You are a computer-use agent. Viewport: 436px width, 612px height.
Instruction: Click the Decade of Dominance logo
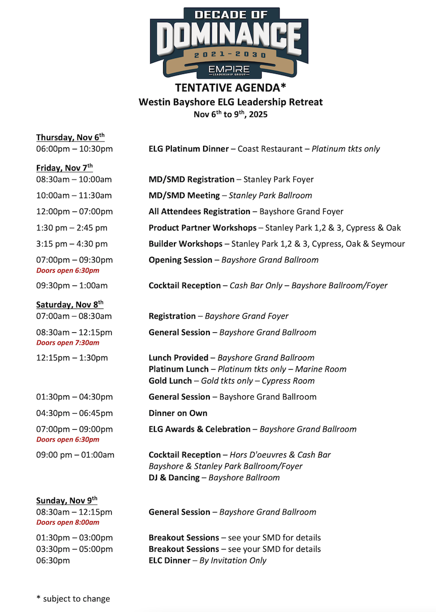click(x=229, y=41)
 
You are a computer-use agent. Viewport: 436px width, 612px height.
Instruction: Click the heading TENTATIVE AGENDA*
click(x=230, y=87)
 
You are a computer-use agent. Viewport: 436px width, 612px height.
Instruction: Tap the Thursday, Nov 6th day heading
click(x=70, y=138)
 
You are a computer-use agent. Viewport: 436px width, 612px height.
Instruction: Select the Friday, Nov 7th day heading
click(x=65, y=168)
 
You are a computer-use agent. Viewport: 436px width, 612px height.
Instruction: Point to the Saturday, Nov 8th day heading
click(x=70, y=304)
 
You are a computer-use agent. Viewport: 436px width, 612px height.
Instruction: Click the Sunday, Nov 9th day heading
click(x=67, y=501)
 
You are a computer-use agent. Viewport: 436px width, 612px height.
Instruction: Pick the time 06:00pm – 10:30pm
click(x=74, y=149)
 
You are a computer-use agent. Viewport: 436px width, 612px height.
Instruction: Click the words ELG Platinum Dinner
click(x=188, y=149)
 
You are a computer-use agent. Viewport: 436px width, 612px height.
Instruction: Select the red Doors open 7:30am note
click(x=68, y=342)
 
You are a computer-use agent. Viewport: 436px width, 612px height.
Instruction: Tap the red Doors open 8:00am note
click(x=68, y=522)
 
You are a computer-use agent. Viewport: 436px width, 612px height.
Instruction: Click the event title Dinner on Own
click(x=178, y=413)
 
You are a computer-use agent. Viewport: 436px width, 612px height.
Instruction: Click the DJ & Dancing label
click(x=174, y=477)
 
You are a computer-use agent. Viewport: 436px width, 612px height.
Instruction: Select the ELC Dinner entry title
click(x=169, y=560)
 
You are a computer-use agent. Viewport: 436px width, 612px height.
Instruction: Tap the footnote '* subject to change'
click(x=73, y=598)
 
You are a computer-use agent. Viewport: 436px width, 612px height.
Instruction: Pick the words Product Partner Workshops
click(x=202, y=227)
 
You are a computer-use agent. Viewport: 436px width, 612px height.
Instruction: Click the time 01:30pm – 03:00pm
click(x=74, y=538)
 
